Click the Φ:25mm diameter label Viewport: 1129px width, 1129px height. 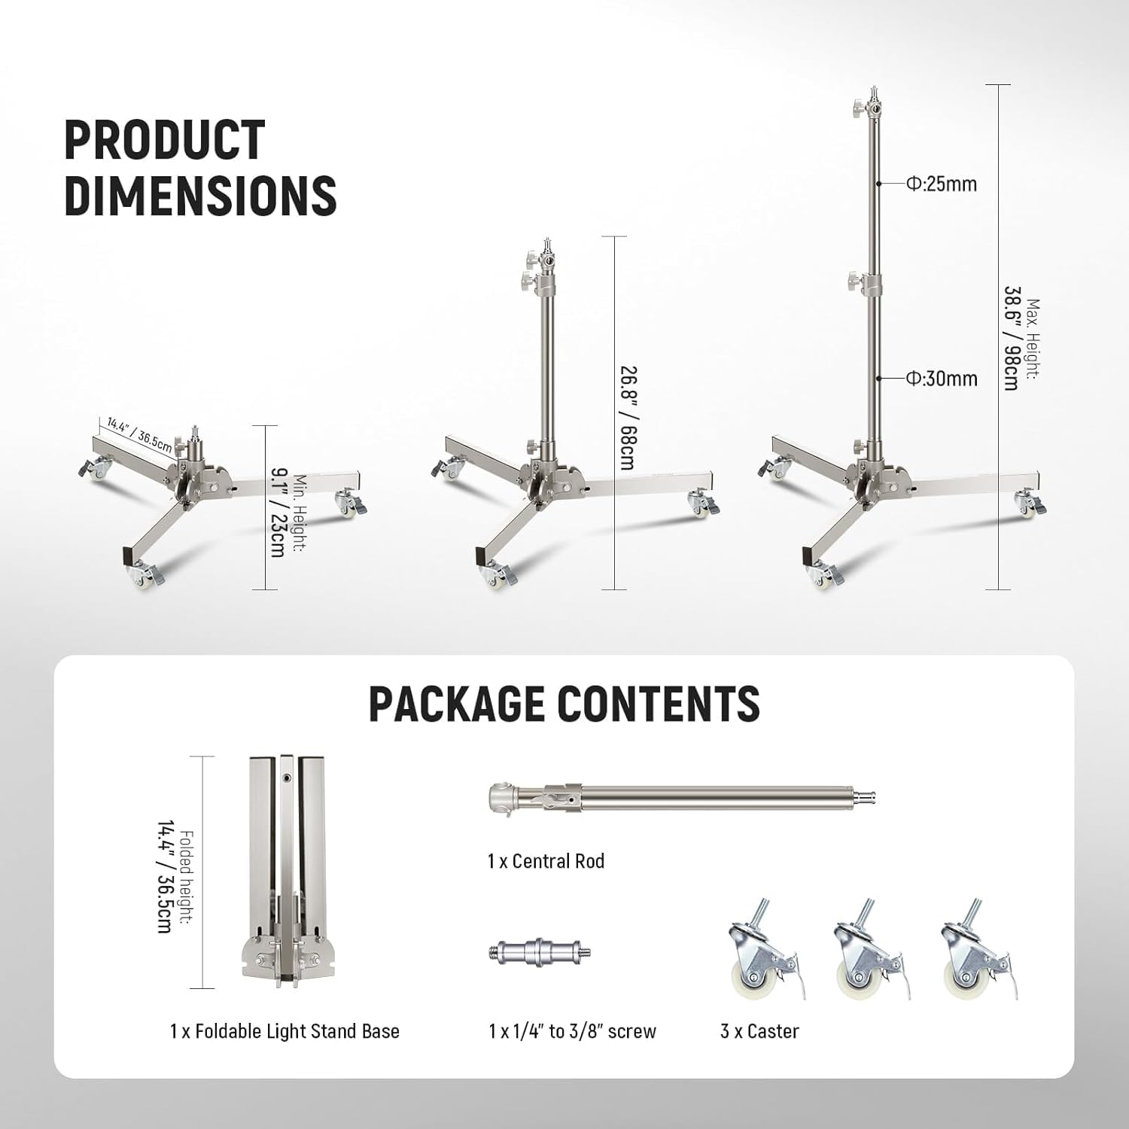tap(941, 184)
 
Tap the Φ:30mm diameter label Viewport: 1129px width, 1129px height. tap(941, 379)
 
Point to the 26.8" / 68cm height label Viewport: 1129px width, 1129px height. tap(627, 418)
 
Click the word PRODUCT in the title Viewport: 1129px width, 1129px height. tap(165, 140)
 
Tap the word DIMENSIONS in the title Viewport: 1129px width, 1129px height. tap(200, 195)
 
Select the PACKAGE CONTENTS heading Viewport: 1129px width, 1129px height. tap(564, 704)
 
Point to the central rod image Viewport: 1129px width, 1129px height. tap(681, 797)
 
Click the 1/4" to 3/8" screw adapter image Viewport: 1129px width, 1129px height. tap(539, 951)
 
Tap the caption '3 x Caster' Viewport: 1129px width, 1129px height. tap(759, 1031)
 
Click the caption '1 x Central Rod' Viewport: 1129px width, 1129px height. tap(546, 861)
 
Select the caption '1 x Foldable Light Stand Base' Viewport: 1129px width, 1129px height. tap(285, 1031)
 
